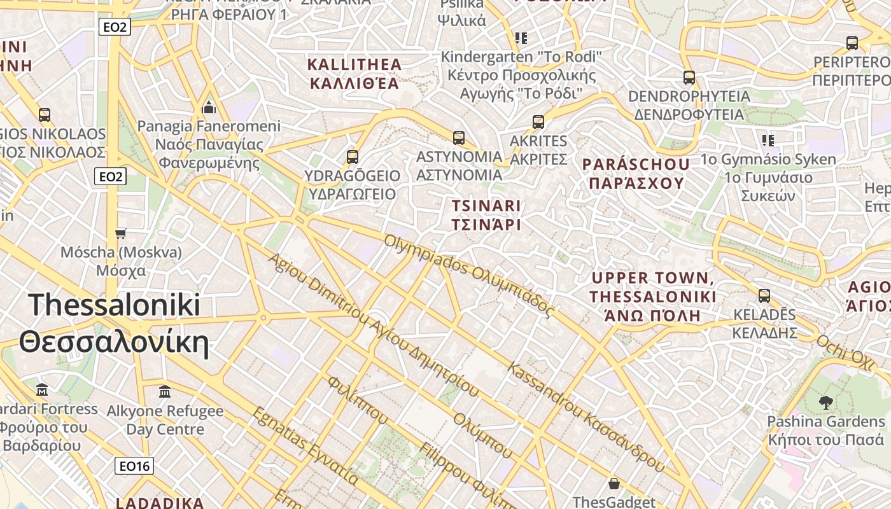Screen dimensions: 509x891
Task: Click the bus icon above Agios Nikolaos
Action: (44, 115)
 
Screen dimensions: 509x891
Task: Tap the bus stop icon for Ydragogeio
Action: (352, 157)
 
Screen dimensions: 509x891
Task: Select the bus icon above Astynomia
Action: (458, 137)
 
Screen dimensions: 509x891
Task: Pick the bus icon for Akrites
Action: (538, 122)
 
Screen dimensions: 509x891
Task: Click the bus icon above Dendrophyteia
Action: (689, 78)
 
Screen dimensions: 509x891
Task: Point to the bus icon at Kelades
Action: (764, 296)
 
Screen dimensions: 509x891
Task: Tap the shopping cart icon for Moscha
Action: (121, 234)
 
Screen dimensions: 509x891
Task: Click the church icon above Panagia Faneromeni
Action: (209, 107)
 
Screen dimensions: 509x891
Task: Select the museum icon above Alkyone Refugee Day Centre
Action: (165, 391)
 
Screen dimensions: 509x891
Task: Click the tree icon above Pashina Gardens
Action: (825, 402)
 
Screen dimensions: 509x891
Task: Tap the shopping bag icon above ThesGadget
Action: (614, 484)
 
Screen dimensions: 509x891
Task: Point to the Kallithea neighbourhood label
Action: (354, 74)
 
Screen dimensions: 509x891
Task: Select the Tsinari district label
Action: (486, 215)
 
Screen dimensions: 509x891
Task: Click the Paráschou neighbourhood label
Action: (636, 174)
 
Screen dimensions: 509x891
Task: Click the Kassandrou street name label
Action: (586, 417)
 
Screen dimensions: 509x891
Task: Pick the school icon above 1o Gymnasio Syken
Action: (768, 140)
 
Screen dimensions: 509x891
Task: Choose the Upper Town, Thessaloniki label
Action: (652, 296)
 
